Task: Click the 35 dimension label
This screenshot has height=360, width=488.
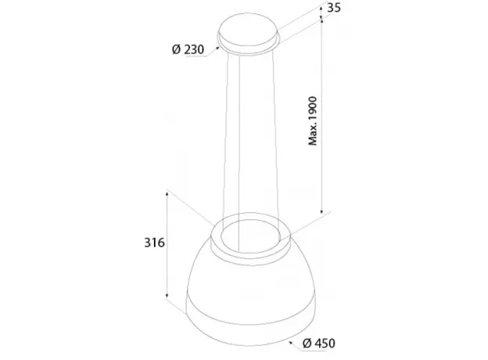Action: point(334,8)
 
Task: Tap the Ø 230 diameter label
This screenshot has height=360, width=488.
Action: point(188,49)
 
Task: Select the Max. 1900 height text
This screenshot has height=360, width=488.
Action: point(313,121)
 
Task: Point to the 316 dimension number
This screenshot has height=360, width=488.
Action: point(154,243)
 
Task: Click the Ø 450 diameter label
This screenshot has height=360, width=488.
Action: point(319,344)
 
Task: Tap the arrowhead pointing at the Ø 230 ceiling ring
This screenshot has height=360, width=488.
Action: point(218,48)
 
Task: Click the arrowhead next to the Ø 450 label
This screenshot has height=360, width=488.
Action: point(291,343)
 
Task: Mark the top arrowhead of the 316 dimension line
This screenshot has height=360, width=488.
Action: point(167,194)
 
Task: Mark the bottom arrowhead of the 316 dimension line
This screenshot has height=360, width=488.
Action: point(167,295)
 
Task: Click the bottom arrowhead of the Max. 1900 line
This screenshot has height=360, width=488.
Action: point(321,211)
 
